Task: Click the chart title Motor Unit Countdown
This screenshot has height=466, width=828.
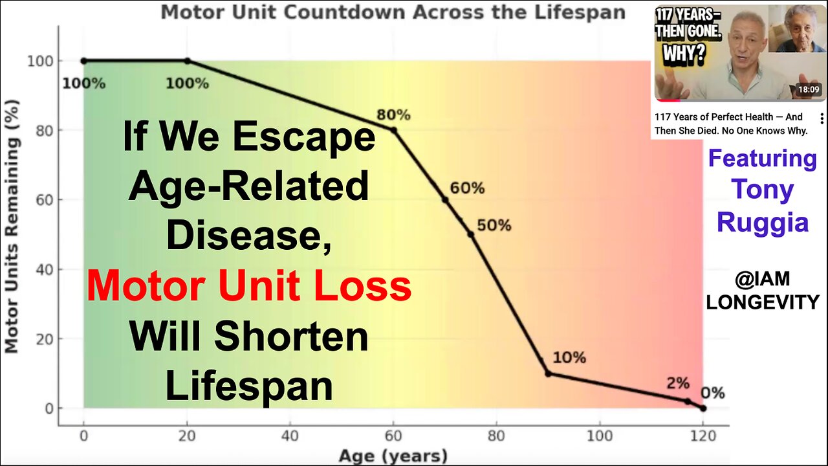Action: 393,12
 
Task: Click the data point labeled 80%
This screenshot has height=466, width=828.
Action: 393,130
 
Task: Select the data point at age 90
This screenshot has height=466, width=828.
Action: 548,373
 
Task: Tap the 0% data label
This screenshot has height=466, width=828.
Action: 712,393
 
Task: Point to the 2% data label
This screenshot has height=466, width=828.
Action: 678,383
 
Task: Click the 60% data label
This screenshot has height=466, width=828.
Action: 467,188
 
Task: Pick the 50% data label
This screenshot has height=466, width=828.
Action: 494,225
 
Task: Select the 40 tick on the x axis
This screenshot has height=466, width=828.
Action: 290,436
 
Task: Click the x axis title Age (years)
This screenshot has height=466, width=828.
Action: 393,456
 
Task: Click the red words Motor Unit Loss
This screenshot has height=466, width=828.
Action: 249,287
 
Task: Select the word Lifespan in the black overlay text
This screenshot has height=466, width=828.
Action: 249,386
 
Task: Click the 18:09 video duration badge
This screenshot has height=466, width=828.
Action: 808,90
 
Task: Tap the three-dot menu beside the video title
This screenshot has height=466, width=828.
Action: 822,119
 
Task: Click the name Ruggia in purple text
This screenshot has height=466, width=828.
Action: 763,222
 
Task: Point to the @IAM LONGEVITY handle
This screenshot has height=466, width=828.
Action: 763,290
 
